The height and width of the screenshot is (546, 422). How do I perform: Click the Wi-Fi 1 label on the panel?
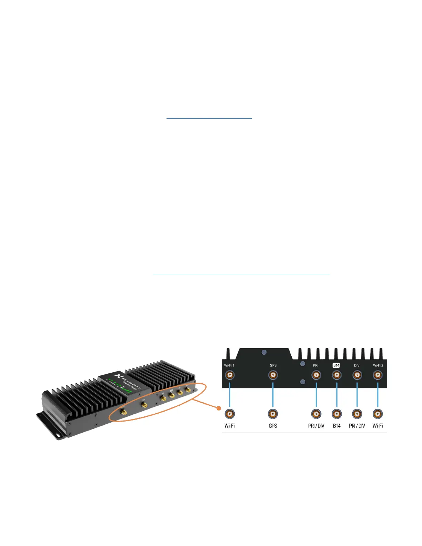(x=229, y=365)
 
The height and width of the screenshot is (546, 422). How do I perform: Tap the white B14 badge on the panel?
(x=336, y=365)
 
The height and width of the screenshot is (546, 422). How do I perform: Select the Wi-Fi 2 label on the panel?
(x=378, y=365)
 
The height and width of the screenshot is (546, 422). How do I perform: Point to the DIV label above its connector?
(x=357, y=365)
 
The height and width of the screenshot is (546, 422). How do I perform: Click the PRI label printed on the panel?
(x=316, y=365)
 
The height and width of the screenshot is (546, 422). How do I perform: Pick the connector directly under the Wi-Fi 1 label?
(x=230, y=375)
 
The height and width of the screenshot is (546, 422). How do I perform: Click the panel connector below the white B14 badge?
(x=336, y=375)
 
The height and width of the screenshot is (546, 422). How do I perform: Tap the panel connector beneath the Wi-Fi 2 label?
(x=378, y=375)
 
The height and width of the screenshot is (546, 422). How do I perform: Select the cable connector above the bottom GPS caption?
(x=273, y=414)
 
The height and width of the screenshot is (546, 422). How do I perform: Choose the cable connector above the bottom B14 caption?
(x=336, y=414)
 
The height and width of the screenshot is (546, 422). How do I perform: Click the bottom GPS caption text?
(x=273, y=426)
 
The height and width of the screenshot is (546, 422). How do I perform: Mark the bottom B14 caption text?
(x=336, y=426)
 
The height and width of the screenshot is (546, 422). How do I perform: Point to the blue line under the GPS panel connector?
(x=273, y=395)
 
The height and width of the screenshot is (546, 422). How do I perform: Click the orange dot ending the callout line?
(x=218, y=408)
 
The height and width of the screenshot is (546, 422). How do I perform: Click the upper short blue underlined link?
(x=209, y=118)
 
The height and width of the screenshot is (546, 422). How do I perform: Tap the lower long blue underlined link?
(x=241, y=275)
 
